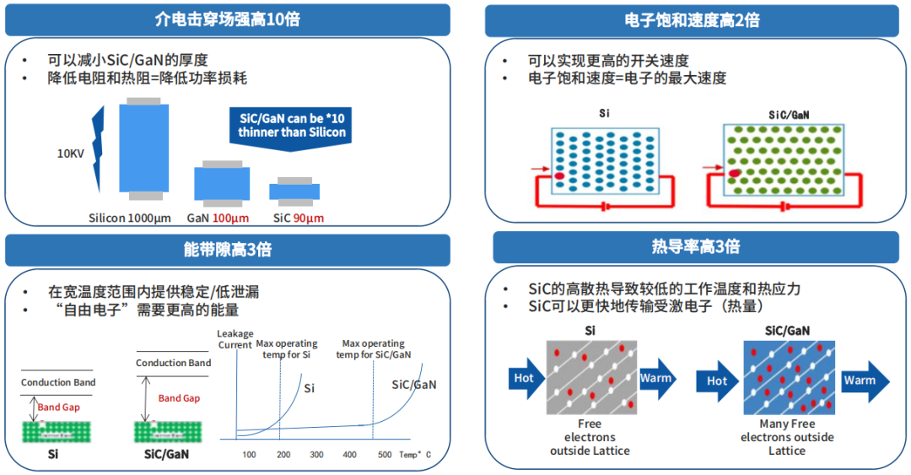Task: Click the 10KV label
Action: (71, 154)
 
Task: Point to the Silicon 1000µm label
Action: (130, 219)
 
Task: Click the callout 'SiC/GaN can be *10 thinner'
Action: (291, 127)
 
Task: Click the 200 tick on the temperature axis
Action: (283, 455)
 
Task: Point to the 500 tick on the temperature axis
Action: (385, 455)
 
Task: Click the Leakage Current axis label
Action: (234, 339)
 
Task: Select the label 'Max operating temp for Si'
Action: (287, 348)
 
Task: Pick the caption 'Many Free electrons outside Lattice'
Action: (787, 437)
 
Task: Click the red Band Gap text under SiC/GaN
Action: (179, 398)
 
